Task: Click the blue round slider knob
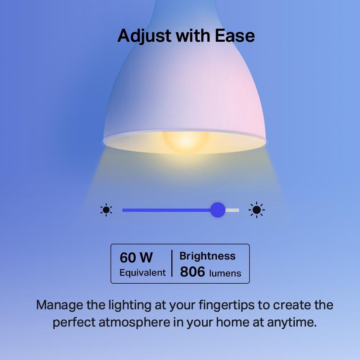coord(217,210)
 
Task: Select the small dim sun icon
coord(106,210)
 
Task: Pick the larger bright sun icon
coord(256,210)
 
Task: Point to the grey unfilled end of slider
coord(233,210)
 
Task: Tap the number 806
coord(192,272)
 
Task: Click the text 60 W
coord(136,258)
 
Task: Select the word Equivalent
coord(143,273)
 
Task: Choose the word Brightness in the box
coord(207,256)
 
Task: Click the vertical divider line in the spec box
coord(172,264)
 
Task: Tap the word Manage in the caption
coord(60,305)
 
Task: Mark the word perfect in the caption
coord(73,322)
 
